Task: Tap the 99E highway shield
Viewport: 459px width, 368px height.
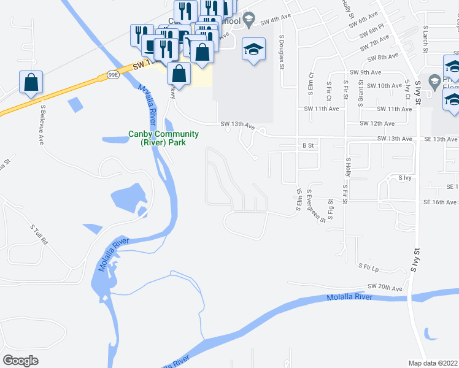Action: click(112, 75)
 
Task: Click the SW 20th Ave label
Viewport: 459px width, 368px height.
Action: click(385, 287)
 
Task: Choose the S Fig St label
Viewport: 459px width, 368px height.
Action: click(330, 209)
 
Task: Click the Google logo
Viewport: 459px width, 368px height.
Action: click(21, 360)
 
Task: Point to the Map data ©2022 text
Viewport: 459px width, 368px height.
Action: click(433, 363)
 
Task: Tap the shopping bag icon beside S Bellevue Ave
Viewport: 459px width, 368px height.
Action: click(31, 82)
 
